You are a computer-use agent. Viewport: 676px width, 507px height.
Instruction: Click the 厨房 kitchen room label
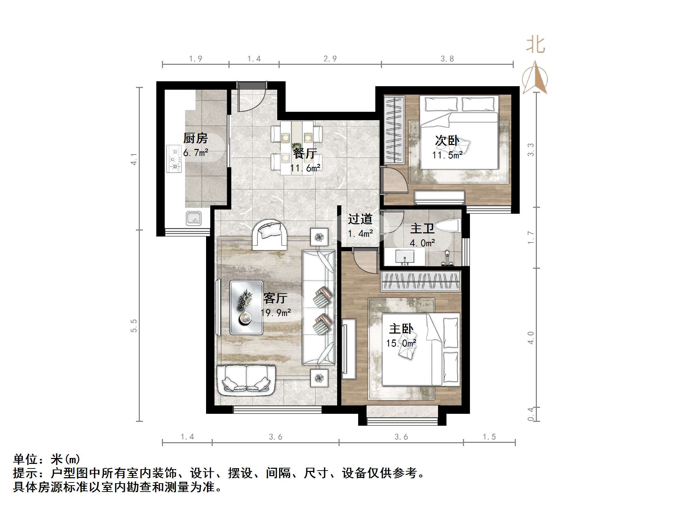pyautogui.click(x=196, y=138)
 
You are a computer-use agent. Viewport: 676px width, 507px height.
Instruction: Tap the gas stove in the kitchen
pyautogui.click(x=174, y=159)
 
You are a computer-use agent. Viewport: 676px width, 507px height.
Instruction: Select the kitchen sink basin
pyautogui.click(x=193, y=219)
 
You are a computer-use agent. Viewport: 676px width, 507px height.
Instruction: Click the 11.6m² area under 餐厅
pyautogui.click(x=305, y=168)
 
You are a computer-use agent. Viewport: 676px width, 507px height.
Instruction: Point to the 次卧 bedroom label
pyautogui.click(x=447, y=141)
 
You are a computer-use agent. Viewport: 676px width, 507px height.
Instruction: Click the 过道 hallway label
pyautogui.click(x=360, y=219)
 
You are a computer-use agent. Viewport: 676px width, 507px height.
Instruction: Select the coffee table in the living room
pyautogui.click(x=246, y=307)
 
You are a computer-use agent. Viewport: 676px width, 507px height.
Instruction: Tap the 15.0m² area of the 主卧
pyautogui.click(x=401, y=343)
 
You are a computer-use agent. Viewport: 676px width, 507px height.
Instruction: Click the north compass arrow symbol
pyautogui.click(x=535, y=78)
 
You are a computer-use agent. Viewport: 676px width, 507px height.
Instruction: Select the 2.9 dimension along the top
pyautogui.click(x=330, y=59)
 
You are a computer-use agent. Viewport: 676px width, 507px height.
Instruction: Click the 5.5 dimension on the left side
pyautogui.click(x=134, y=326)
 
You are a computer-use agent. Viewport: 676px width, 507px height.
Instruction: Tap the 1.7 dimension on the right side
pyautogui.click(x=531, y=238)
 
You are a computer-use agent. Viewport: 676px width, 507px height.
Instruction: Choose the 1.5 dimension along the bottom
pyautogui.click(x=489, y=437)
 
